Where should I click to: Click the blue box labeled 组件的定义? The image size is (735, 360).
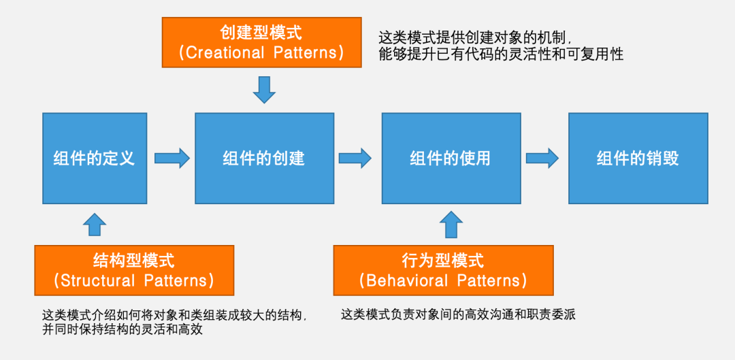pyautogui.click(x=95, y=159)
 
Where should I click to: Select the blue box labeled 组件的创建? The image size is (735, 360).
pyautogui.click(x=264, y=159)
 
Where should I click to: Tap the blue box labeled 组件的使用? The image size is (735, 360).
pyautogui.click(x=451, y=159)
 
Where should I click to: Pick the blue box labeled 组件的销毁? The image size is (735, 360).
pyautogui.click(x=638, y=159)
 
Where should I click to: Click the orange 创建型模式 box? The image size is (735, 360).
pyautogui.click(x=261, y=42)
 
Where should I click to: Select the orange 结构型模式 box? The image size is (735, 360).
pyautogui.click(x=134, y=270)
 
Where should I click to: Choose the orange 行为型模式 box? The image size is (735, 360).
pyautogui.click(x=443, y=270)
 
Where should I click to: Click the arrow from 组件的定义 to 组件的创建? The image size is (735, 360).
pyautogui.click(x=171, y=159)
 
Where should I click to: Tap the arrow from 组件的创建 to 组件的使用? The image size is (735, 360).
pyautogui.click(x=355, y=159)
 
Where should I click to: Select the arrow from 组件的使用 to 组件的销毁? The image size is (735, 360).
pyautogui.click(x=542, y=159)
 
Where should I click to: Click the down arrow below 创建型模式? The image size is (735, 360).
pyautogui.click(x=264, y=89)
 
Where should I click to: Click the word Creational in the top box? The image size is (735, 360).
pyautogui.click(x=225, y=53)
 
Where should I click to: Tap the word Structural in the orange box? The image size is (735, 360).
pyautogui.click(x=99, y=280)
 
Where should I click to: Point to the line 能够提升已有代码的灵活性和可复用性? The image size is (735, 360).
pyautogui.click(x=501, y=54)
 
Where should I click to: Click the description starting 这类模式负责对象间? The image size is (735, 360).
pyautogui.click(x=459, y=314)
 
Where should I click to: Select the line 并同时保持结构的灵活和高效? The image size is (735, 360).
pyautogui.click(x=122, y=330)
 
